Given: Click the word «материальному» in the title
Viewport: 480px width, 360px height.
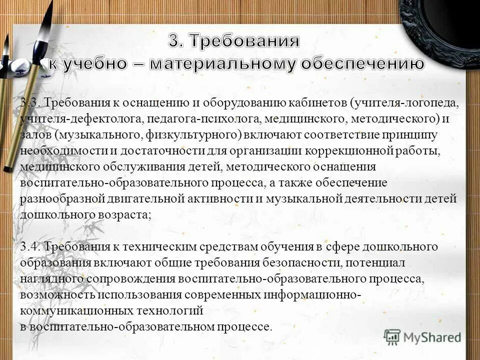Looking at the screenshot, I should [x=217, y=64].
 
